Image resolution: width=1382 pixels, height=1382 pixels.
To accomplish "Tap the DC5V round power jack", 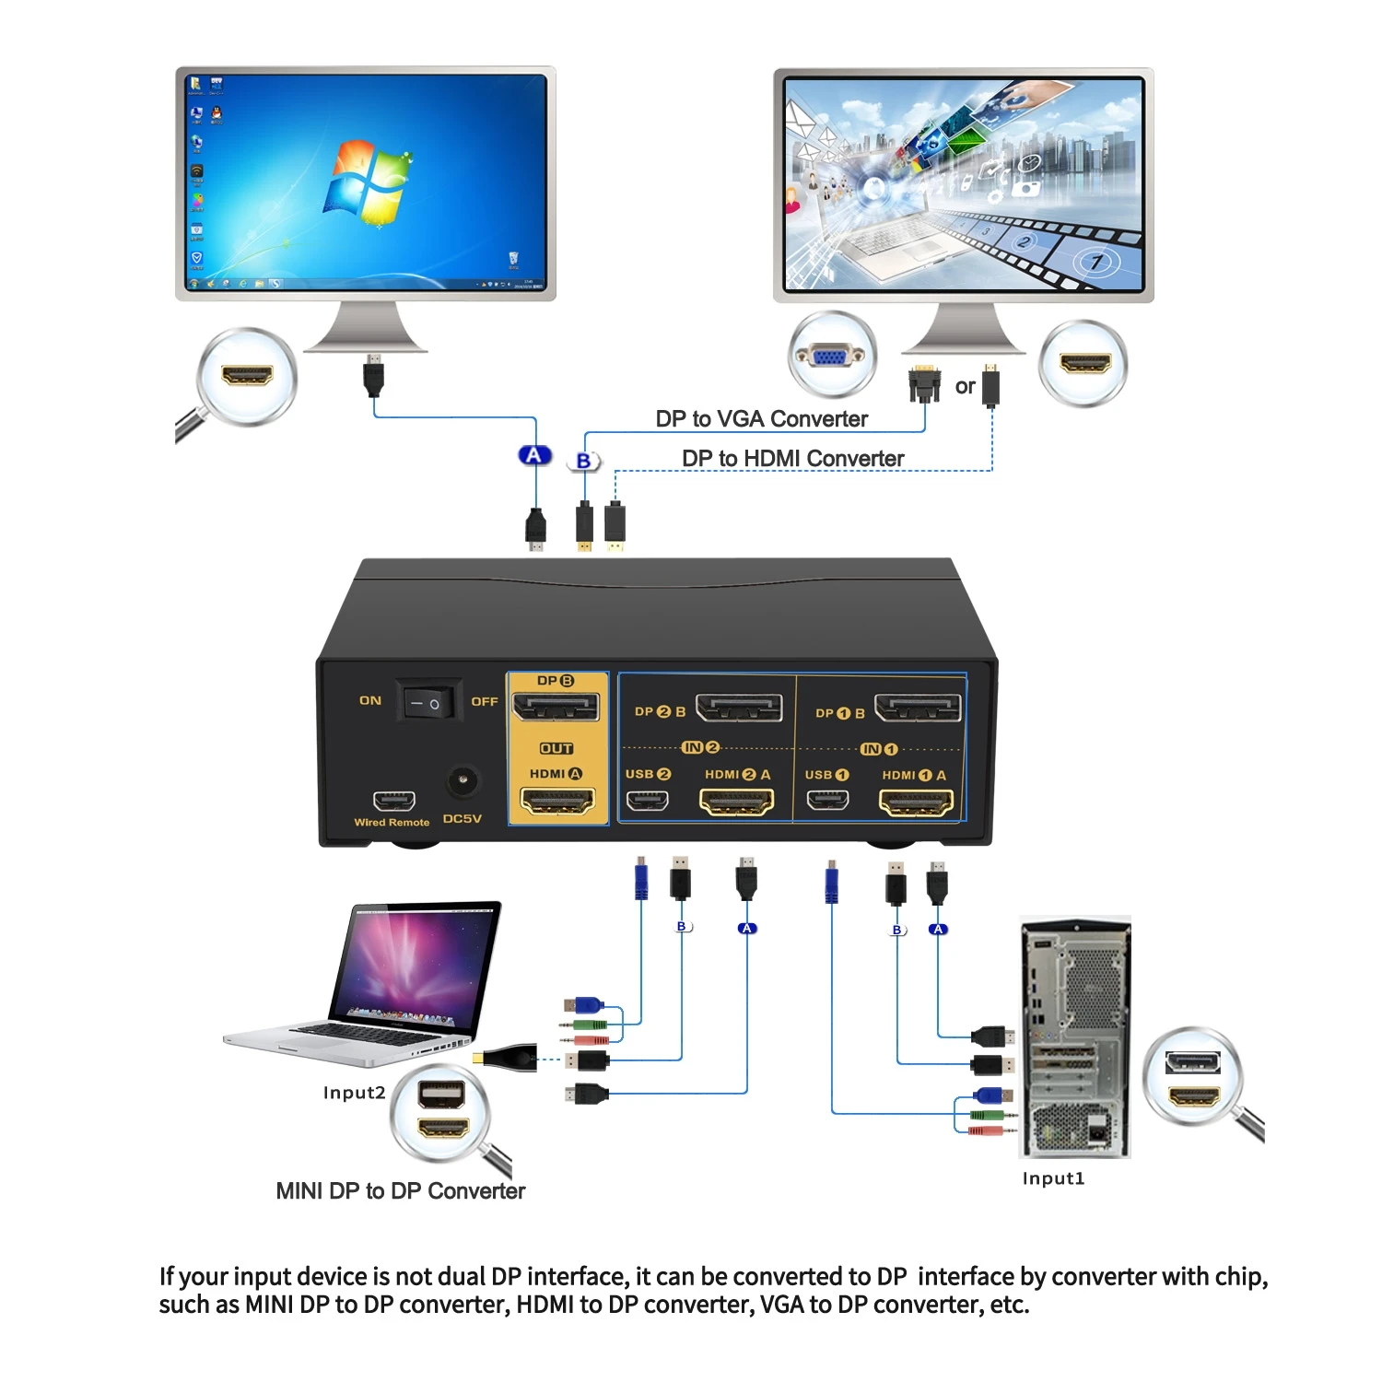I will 463,782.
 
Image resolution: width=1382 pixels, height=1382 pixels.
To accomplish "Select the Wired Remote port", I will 393,801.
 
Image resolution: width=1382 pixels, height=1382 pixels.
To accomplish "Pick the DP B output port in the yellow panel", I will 556,708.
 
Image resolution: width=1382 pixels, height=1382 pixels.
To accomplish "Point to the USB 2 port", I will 648,800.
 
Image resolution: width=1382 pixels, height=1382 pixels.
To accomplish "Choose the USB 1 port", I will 827,799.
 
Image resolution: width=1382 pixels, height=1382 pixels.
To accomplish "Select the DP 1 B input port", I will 918,708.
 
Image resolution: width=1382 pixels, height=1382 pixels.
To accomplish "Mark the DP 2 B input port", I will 739,708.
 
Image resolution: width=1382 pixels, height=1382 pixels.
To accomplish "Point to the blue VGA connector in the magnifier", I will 831,356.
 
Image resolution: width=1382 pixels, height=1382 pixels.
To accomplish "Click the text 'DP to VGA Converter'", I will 761,419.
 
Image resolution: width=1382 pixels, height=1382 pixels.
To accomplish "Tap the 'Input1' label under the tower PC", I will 1053,1178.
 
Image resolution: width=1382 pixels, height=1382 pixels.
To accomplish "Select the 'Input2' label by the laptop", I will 354,1093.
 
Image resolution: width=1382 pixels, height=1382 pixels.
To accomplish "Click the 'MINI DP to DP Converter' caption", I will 401,1191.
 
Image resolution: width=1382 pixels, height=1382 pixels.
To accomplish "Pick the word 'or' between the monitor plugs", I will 965,387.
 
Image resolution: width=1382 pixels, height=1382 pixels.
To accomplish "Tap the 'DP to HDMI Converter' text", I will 792,459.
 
